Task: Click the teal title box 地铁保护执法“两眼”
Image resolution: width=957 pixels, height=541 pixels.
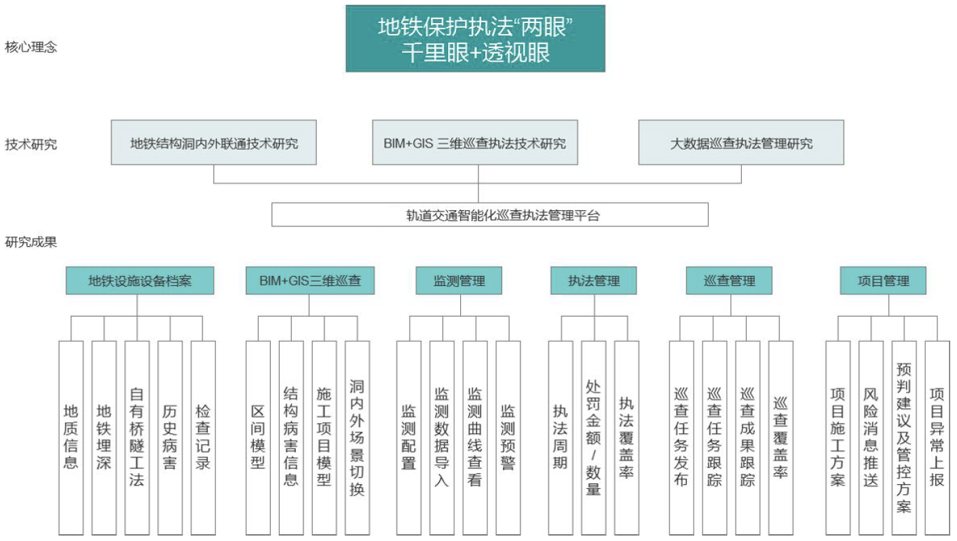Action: coord(476,39)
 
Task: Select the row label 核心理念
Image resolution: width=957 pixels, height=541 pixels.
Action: coord(31,47)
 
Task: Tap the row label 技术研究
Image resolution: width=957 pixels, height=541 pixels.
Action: coord(31,144)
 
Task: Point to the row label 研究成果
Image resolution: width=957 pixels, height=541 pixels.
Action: coord(31,242)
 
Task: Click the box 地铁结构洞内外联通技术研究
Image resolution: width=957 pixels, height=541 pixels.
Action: coord(214,142)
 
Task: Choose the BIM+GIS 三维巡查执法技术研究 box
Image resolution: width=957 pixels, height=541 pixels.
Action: coord(475,142)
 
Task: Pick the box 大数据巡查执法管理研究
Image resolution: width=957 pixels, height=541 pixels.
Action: coord(741,142)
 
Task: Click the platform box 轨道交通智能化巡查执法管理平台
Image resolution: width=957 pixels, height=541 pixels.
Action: coord(490,215)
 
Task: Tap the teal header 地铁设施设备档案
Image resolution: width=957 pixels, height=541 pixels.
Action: coord(140,281)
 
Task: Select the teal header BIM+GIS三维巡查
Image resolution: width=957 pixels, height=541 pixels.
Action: coord(310,281)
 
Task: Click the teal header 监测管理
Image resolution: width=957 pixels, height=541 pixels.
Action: coord(459,281)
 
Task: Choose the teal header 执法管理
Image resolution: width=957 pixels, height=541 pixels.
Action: coord(593,281)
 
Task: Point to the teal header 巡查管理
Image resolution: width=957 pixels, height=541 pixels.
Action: coord(729,281)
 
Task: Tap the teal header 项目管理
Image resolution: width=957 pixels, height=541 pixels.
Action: coord(883,281)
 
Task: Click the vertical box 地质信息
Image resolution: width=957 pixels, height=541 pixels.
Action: coord(71,438)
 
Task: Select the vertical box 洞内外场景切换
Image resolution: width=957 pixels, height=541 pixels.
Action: coord(357,438)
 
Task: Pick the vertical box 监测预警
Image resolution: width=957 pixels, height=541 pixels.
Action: coord(508,438)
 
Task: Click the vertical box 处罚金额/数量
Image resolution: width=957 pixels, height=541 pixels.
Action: coord(593,438)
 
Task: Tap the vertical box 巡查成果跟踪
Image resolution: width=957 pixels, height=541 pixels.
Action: coord(748,438)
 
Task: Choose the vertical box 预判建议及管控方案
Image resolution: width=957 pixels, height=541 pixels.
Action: coord(904,438)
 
